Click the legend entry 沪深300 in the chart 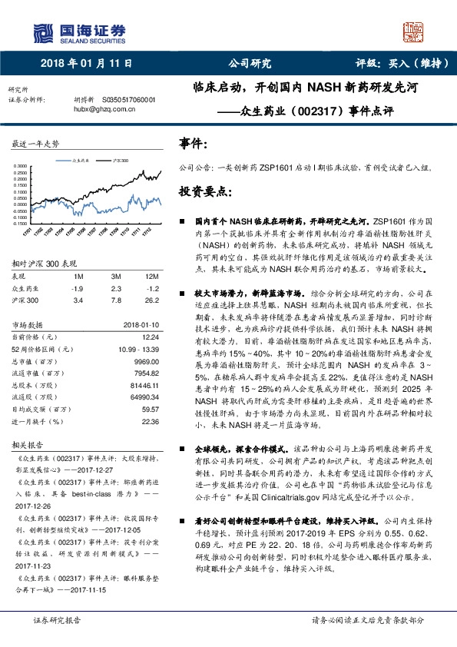point(120,160)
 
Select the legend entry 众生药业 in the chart point(82,160)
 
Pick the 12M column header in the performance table point(151,275)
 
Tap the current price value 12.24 point(150,337)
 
